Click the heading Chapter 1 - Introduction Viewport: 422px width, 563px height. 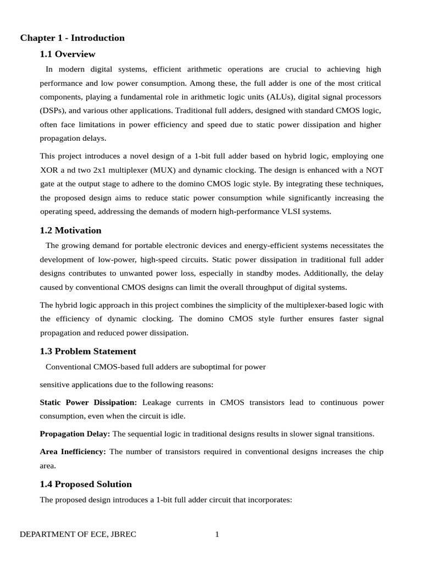pos(73,38)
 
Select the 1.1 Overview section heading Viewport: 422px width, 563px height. pos(68,54)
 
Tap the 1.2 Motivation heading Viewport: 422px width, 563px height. pos(70,230)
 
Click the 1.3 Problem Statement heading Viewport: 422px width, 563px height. pos(88,351)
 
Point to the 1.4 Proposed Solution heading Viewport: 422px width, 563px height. pos(86,484)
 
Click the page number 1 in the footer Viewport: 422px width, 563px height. pos(217,534)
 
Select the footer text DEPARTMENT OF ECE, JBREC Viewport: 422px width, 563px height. pos(78,534)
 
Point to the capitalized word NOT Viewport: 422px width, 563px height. pos(371,170)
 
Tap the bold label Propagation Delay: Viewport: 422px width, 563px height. pos(75,434)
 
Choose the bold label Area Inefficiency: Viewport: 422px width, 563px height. pos(73,452)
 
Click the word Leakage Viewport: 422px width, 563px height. pos(158,402)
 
